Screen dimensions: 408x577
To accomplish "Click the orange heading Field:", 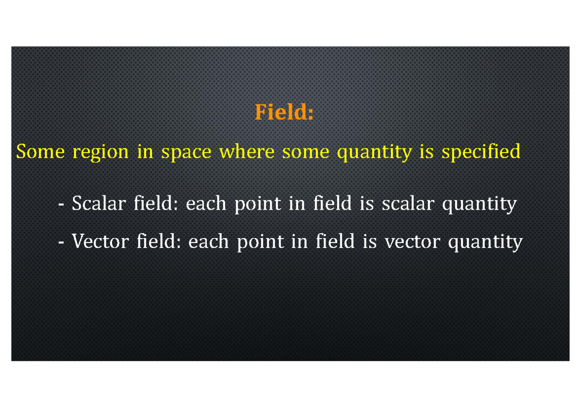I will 284,113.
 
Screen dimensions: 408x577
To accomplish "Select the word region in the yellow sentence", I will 100,153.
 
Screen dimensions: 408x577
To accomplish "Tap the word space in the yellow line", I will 186,153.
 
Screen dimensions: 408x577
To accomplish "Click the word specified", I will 481,153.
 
